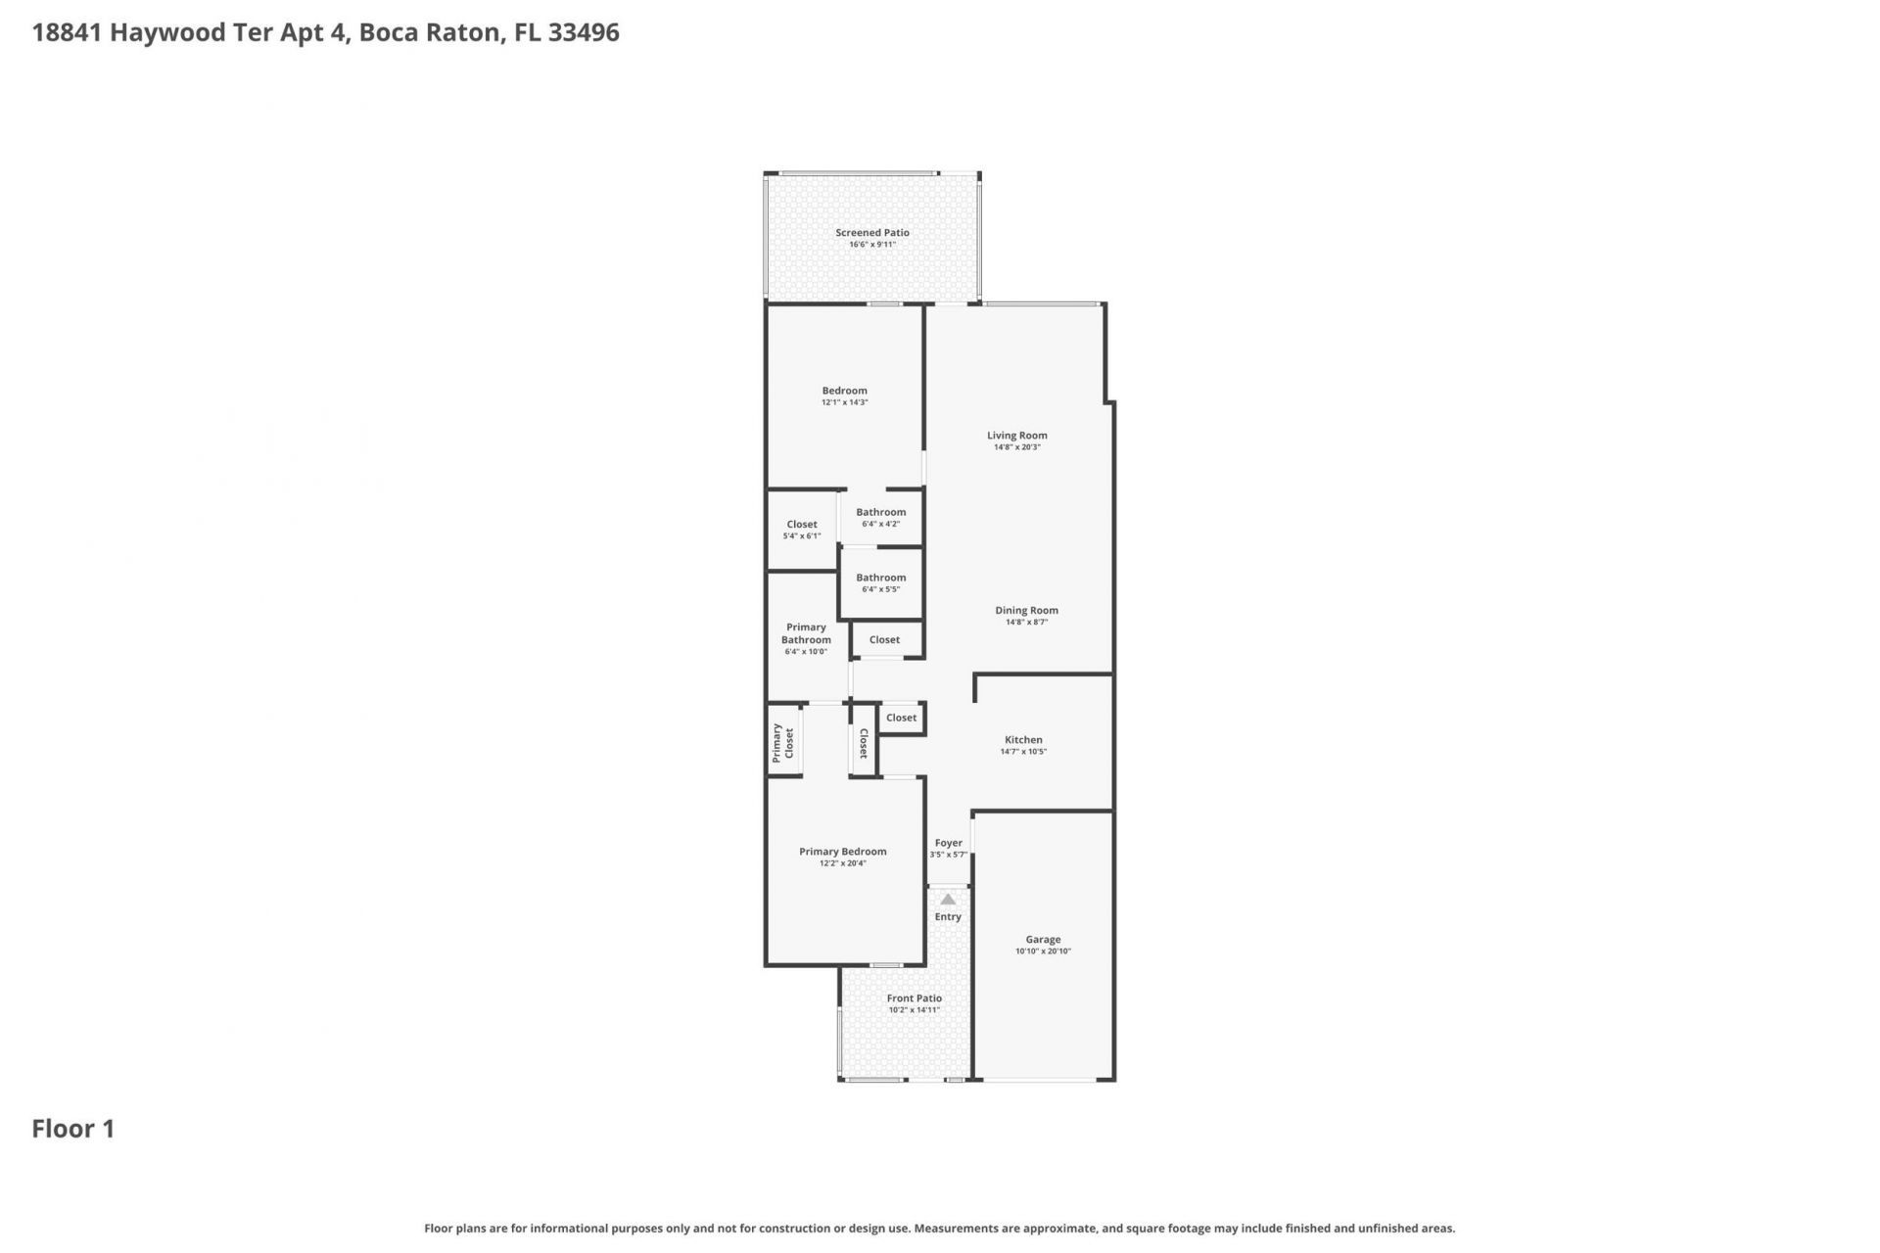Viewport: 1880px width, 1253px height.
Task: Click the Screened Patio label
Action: click(x=871, y=233)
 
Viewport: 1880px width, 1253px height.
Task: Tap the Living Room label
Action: click(x=1016, y=436)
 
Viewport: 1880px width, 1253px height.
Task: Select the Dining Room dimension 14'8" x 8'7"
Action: click(x=1026, y=623)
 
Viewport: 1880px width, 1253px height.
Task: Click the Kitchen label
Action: click(x=1023, y=740)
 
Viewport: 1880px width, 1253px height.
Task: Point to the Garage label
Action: click(x=1043, y=940)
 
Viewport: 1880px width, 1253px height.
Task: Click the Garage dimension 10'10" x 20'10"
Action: click(x=1043, y=951)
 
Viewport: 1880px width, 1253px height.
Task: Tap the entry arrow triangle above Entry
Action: click(x=948, y=900)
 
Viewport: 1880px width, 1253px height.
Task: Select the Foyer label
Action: click(x=948, y=843)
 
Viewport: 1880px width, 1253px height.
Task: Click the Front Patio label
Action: click(x=915, y=998)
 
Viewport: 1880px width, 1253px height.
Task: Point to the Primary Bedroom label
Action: click(x=842, y=852)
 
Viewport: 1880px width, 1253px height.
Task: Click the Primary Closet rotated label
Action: click(x=782, y=743)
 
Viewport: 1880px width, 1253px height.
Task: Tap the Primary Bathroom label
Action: click(x=806, y=633)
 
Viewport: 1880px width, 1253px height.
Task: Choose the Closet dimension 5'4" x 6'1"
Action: click(x=801, y=536)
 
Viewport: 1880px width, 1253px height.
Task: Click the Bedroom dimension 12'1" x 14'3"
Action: click(x=844, y=402)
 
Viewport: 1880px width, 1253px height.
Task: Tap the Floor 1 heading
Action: click(x=73, y=1129)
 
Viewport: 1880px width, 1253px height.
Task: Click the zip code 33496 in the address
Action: click(x=584, y=32)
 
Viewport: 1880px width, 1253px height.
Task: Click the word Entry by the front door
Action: click(x=948, y=917)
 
